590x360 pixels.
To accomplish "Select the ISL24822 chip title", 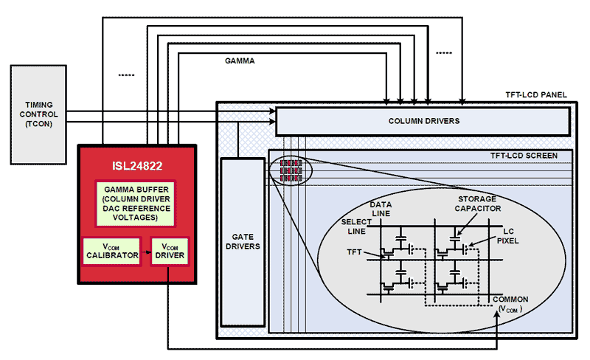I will coord(137,167).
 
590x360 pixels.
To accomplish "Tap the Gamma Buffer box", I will coord(137,203).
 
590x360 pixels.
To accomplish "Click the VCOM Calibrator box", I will coord(111,251).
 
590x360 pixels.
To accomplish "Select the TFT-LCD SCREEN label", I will coord(524,155).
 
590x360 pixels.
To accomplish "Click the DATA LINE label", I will coord(380,208).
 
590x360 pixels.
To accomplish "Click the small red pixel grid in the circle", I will coord(288,170).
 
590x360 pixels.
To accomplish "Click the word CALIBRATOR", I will coord(111,255).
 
